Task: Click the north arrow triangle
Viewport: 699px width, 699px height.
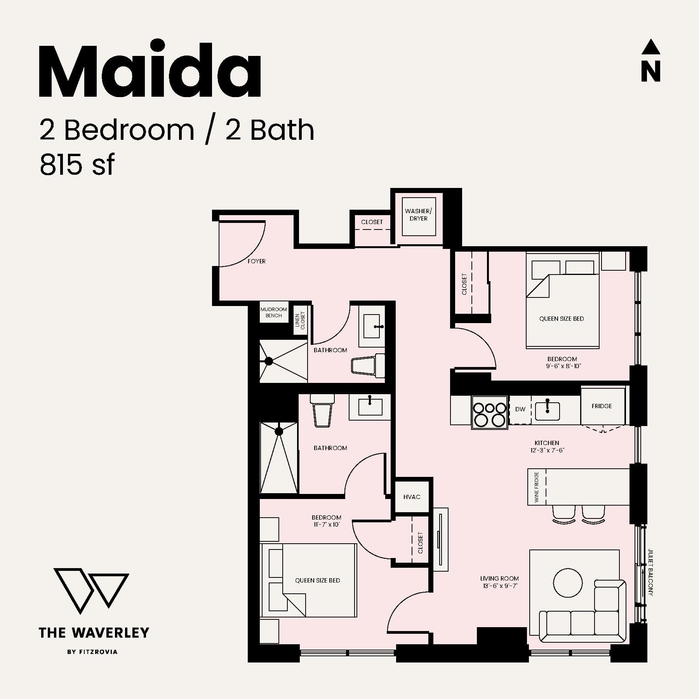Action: pos(650,47)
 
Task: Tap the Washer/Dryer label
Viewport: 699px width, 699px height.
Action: pos(418,215)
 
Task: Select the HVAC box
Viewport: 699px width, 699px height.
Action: pos(412,497)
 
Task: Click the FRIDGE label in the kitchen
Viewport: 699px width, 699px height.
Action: pos(602,406)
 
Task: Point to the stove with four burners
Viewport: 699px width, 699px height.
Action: pos(489,413)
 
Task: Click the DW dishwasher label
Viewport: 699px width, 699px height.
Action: pos(520,409)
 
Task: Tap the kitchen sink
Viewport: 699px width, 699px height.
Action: pos(547,411)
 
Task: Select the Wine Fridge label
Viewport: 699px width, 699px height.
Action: pos(537,487)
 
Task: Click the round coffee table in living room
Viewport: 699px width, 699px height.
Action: pos(568,583)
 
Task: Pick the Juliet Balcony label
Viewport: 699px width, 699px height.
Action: pos(650,572)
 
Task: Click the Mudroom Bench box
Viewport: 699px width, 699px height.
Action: pos(274,312)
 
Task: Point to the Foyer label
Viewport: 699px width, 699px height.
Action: pos(257,261)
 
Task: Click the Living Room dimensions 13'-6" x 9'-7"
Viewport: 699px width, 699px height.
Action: pos(499,586)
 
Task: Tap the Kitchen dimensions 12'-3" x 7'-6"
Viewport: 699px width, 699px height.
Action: pos(547,450)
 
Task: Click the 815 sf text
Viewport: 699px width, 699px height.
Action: pos(77,165)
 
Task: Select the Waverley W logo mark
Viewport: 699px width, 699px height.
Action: pos(91,590)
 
